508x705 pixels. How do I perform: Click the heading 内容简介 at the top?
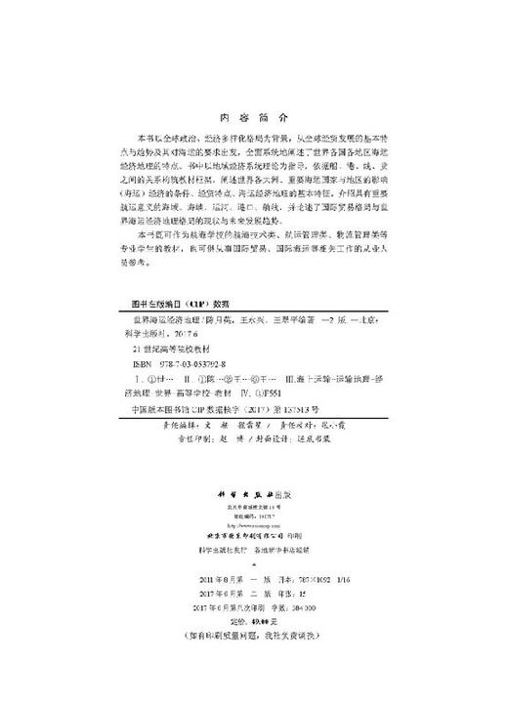[x=252, y=113]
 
